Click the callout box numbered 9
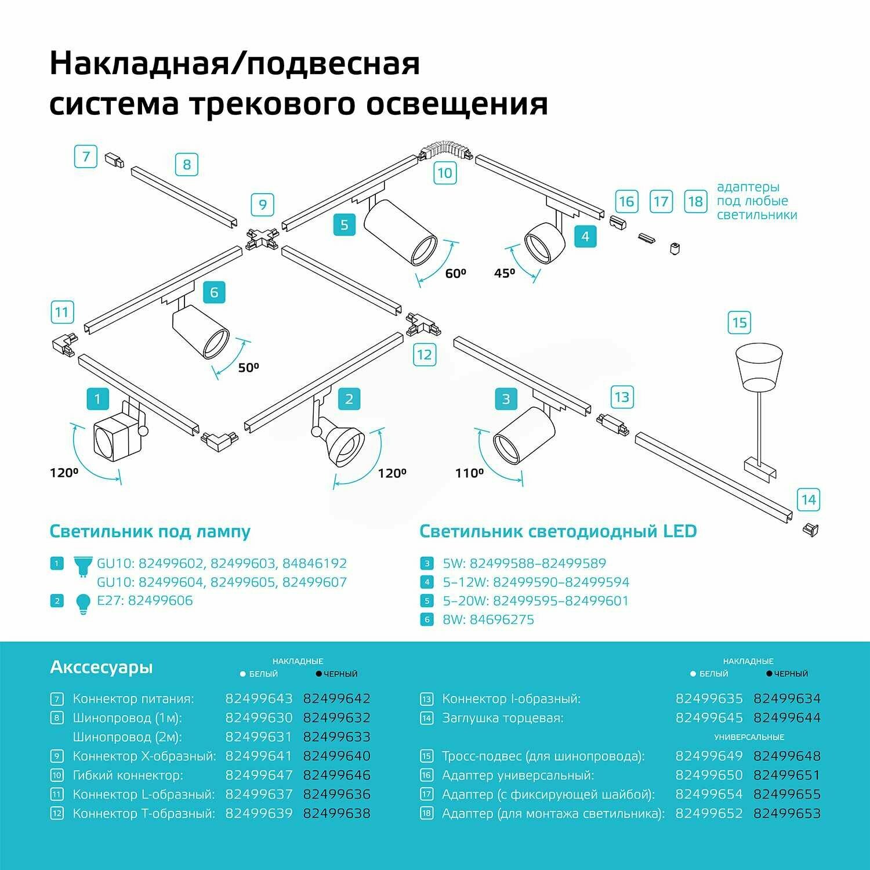[262, 205]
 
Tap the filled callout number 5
[345, 224]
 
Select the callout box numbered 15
[739, 322]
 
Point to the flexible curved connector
[445, 148]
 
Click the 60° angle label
[455, 273]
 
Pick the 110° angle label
[469, 473]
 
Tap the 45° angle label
[505, 273]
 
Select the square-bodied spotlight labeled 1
[118, 435]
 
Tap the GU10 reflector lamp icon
[83, 565]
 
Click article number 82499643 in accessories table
[259, 699]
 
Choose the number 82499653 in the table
[787, 814]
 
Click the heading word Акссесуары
[101, 668]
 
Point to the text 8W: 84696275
[488, 619]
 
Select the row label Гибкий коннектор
[128, 775]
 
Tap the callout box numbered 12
[425, 354]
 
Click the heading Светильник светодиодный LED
[558, 531]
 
